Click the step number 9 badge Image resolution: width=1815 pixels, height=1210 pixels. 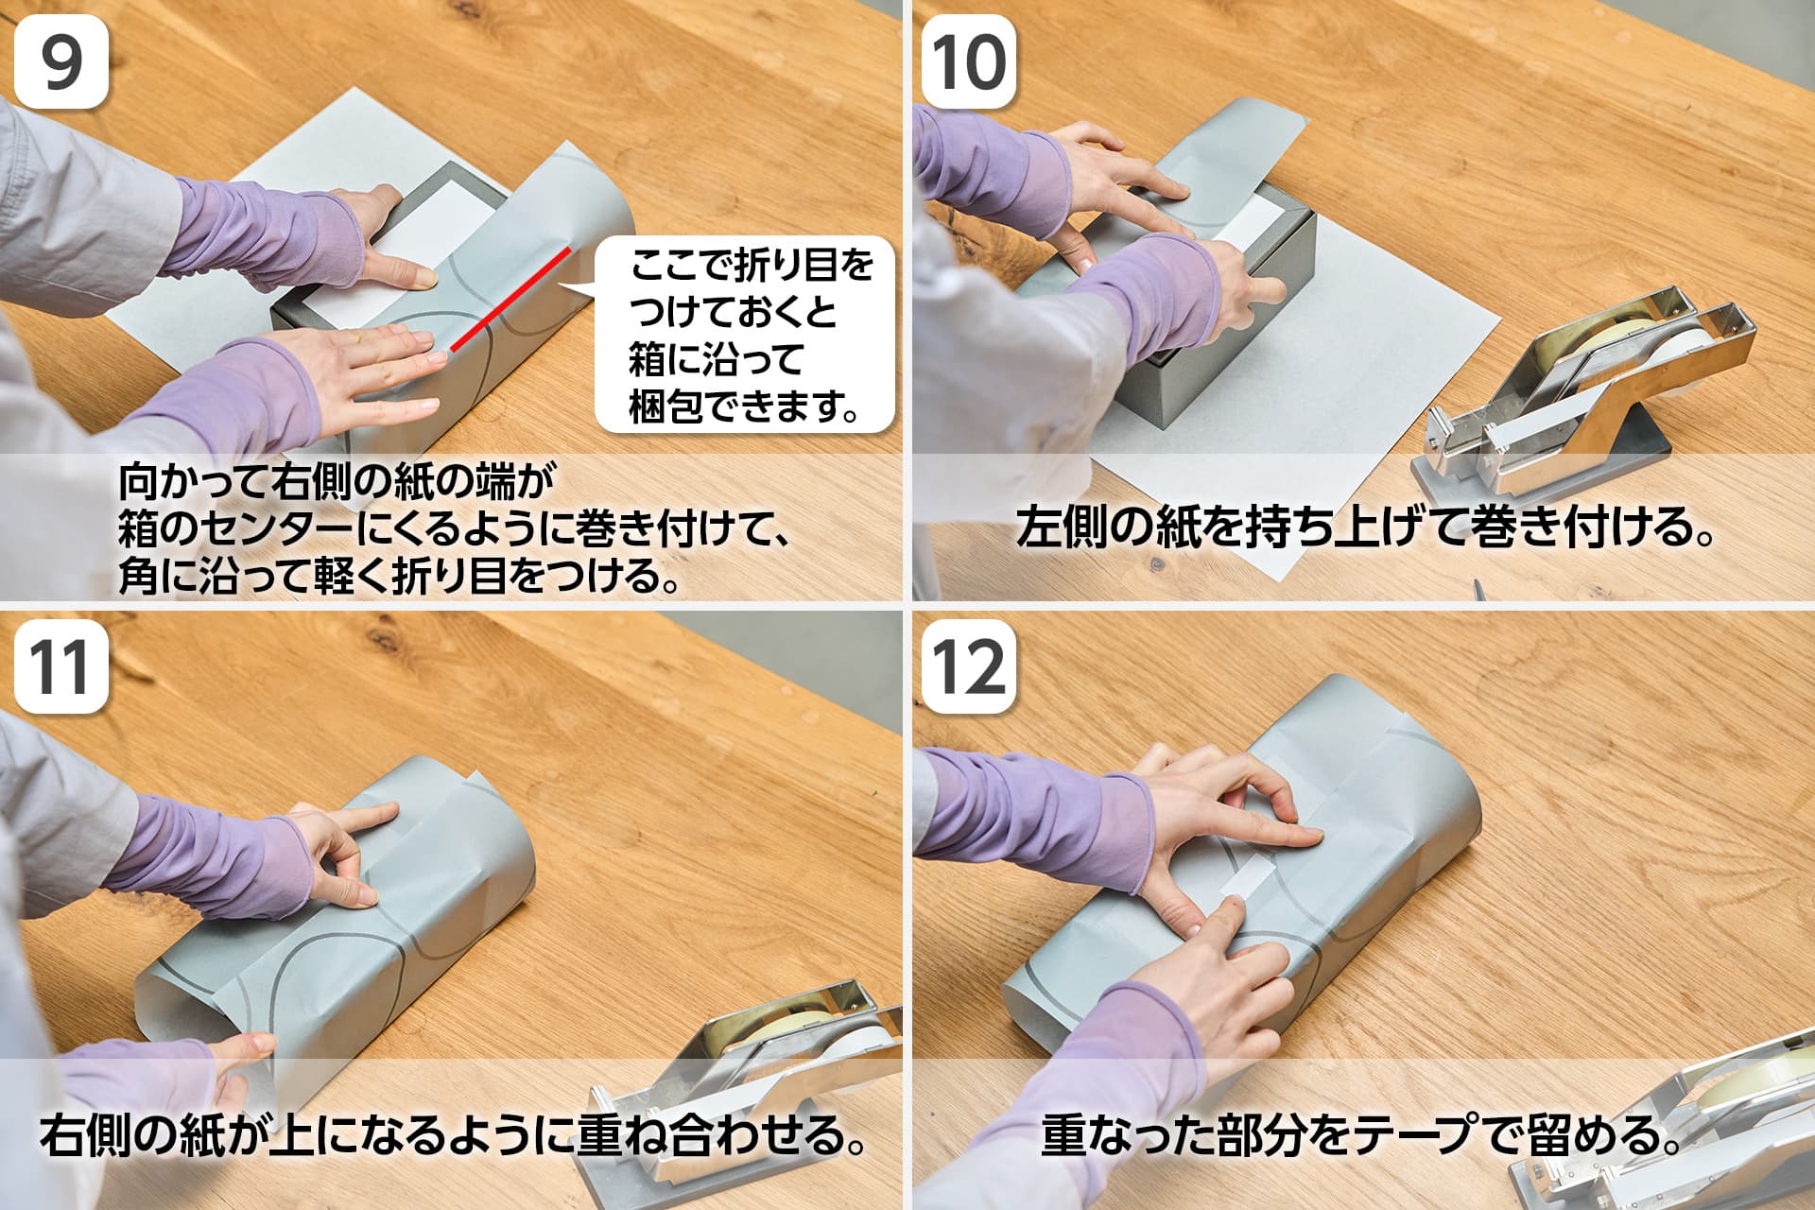pyautogui.click(x=61, y=61)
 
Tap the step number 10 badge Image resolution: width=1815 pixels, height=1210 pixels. pyautogui.click(x=969, y=61)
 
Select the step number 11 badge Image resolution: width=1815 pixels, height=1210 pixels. pyautogui.click(x=61, y=666)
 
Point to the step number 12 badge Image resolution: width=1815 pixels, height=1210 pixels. pyautogui.click(x=969, y=666)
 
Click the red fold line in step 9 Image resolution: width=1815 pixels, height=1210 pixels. pyautogui.click(x=510, y=298)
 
